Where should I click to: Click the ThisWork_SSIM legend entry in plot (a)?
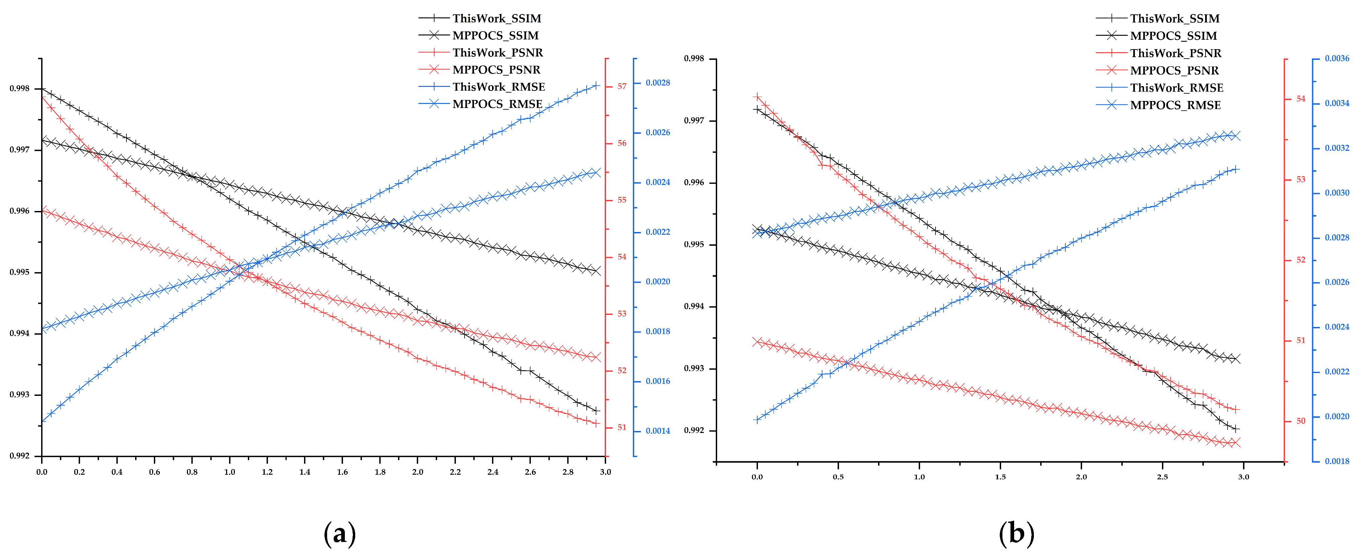tap(496, 18)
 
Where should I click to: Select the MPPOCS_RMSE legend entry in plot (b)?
tap(1175, 105)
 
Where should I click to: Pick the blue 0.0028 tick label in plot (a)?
tap(657, 83)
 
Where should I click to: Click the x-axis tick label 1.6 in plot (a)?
tap(342, 472)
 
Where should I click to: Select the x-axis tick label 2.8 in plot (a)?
tap(568, 472)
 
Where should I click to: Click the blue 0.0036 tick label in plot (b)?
tap(1337, 59)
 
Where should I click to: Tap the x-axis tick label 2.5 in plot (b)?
tap(1162, 477)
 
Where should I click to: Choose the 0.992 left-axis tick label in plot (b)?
tap(694, 431)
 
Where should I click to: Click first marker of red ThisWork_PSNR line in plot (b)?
tap(757, 96)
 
